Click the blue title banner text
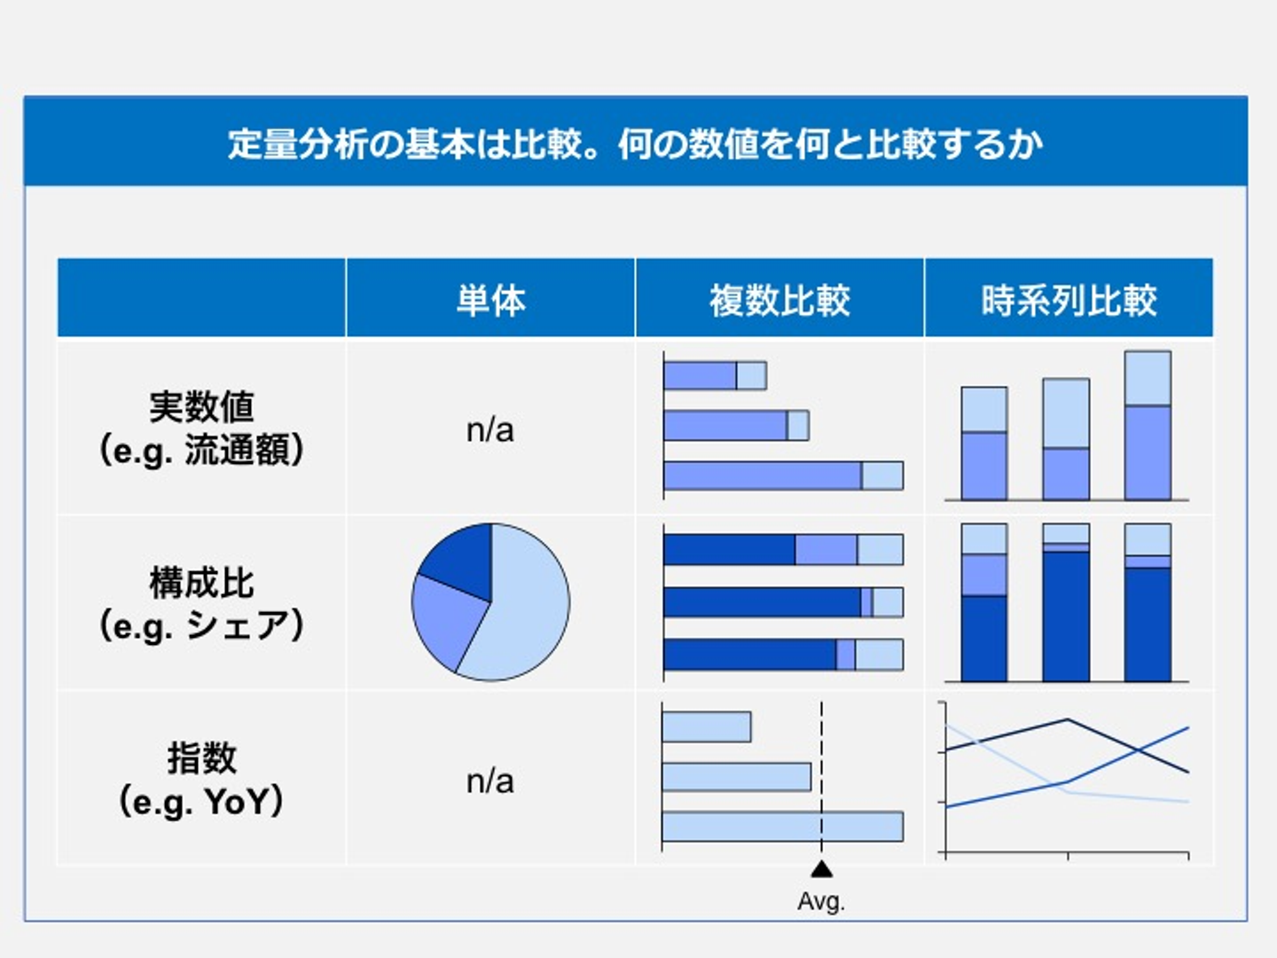click(x=635, y=145)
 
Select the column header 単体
click(x=491, y=300)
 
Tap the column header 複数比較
click(x=780, y=300)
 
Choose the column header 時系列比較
click(x=1069, y=300)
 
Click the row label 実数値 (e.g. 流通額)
click(x=201, y=428)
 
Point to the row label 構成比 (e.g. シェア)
click(x=201, y=604)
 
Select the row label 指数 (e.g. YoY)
click(x=201, y=780)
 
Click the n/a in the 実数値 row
click(x=490, y=430)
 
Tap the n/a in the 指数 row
click(x=490, y=781)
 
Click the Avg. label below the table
click(x=821, y=901)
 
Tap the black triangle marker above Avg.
click(x=821, y=869)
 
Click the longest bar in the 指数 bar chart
click(x=783, y=827)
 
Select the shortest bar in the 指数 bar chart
click(x=707, y=726)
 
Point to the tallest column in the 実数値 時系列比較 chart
click(x=1148, y=425)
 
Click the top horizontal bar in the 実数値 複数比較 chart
click(x=715, y=376)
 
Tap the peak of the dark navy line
click(x=1067, y=719)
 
